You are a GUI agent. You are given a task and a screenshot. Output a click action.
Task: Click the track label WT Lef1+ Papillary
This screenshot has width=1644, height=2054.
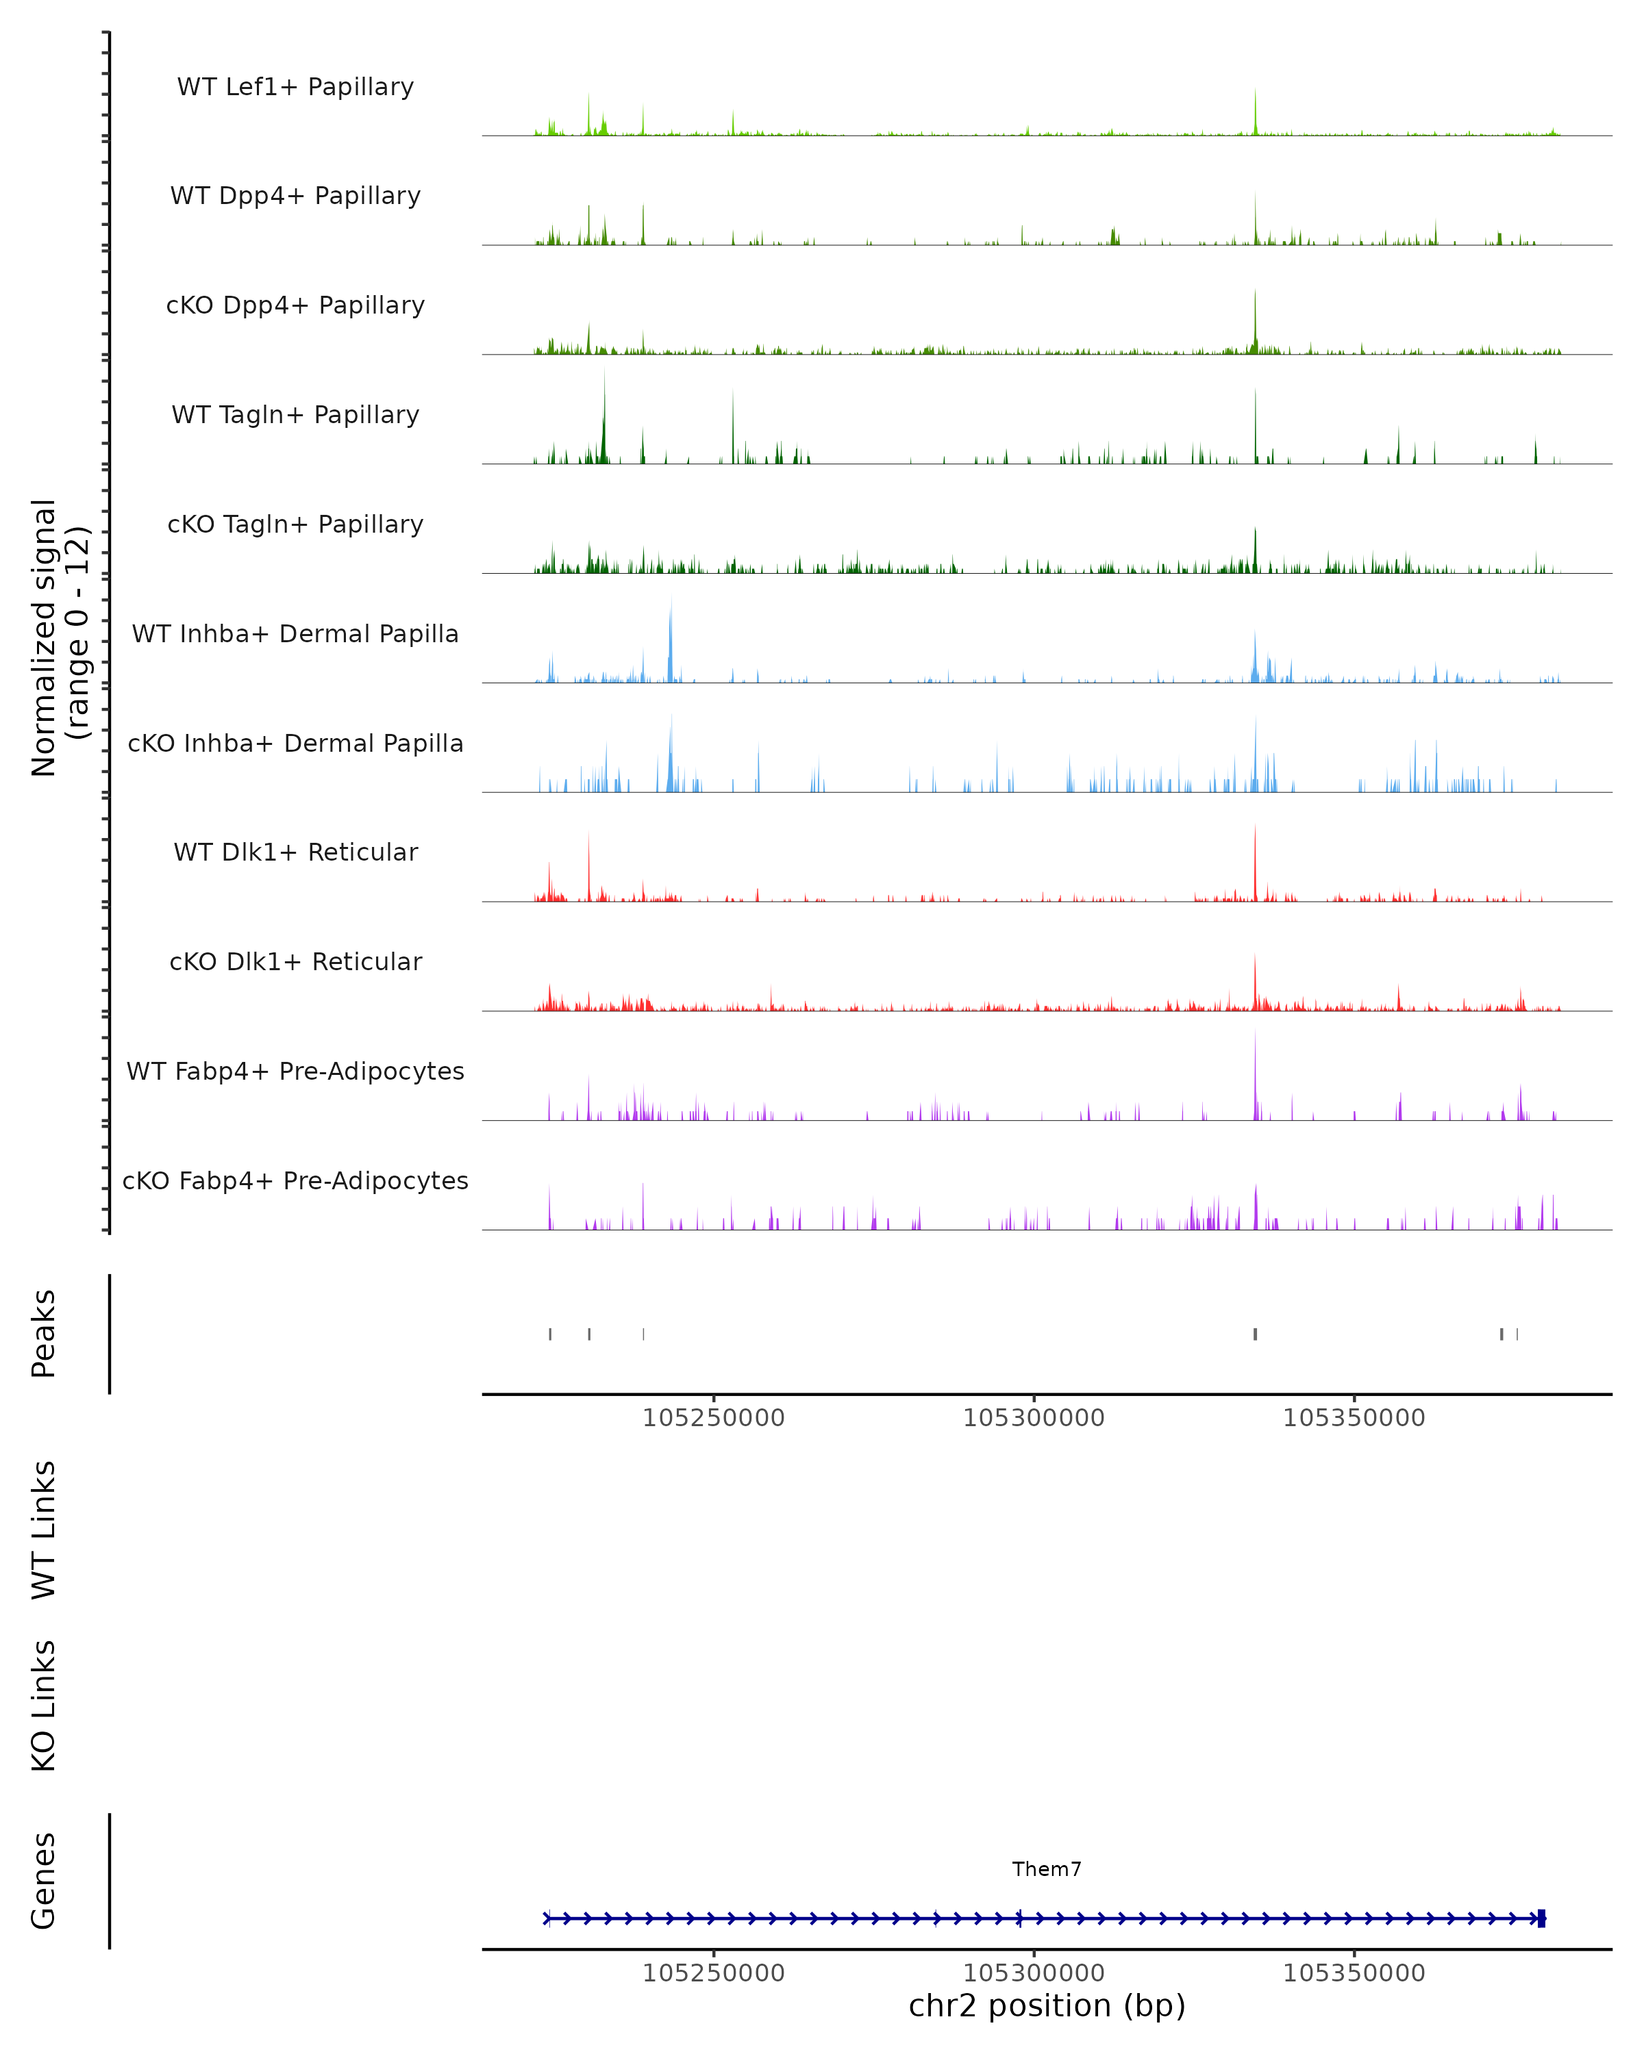click(295, 87)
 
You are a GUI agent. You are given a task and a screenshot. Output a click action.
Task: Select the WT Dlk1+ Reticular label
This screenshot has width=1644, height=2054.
click(295, 852)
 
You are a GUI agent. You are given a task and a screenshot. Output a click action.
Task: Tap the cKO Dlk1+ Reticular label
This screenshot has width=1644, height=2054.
click(295, 961)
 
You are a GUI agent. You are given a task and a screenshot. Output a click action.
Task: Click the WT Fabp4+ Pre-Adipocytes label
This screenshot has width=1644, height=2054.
click(295, 1071)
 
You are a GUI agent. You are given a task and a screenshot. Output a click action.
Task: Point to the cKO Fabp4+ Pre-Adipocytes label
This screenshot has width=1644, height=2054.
click(295, 1180)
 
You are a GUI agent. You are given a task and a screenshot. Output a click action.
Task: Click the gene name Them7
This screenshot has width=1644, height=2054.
click(1047, 1869)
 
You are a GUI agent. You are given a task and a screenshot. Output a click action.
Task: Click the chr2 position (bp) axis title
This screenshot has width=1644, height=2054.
click(1047, 2005)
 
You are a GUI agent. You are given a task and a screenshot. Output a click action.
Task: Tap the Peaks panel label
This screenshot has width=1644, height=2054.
click(44, 1333)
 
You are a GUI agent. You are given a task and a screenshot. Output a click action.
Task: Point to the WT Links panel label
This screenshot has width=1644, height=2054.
click(44, 1529)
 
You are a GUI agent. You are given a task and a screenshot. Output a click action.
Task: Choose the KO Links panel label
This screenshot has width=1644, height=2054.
click(44, 1706)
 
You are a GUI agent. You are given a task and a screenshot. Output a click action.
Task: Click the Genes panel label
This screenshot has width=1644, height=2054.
click(44, 1881)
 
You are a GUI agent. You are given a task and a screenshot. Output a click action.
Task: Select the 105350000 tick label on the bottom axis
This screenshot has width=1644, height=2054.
click(1354, 1973)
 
